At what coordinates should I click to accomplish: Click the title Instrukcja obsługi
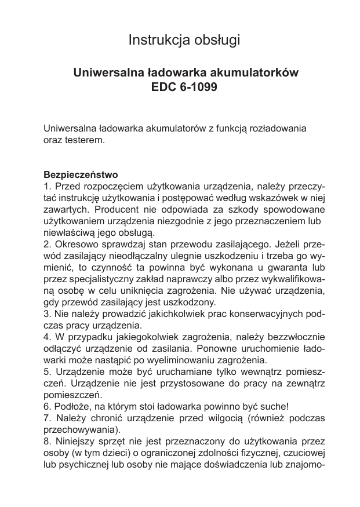(x=184, y=41)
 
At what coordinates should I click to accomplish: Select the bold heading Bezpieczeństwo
(x=81, y=174)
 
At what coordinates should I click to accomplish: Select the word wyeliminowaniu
(x=184, y=360)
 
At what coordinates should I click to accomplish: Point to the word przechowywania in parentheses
(x=82, y=430)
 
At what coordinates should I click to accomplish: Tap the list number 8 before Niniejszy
(x=47, y=442)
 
